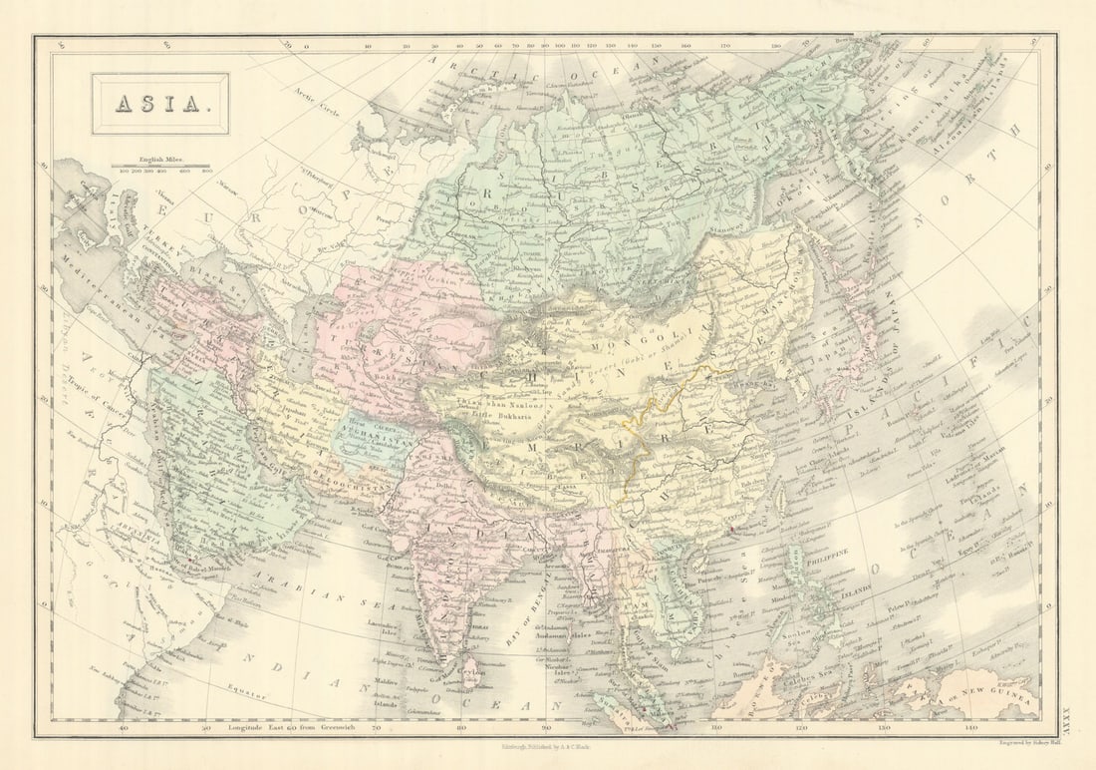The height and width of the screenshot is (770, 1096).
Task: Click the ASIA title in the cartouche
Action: tap(159, 104)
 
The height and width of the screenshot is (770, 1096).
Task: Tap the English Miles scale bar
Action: tap(159, 166)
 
